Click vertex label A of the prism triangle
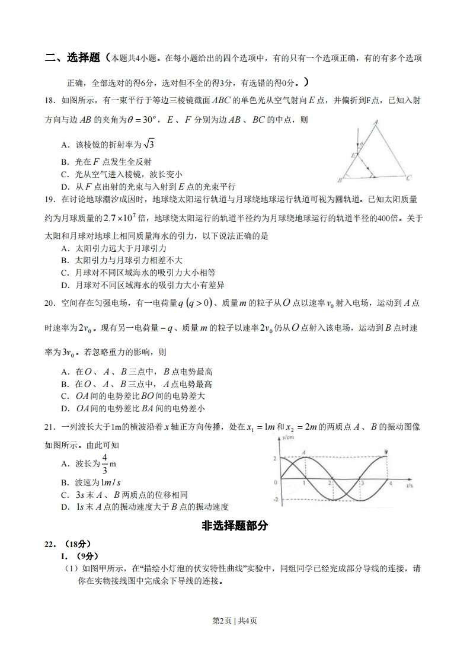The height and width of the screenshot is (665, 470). click(x=376, y=123)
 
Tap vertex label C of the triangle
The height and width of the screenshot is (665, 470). click(x=409, y=177)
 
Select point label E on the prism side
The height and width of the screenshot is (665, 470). click(x=352, y=155)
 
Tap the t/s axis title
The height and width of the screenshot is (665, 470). click(x=410, y=485)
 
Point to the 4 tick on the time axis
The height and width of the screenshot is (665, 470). click(x=391, y=484)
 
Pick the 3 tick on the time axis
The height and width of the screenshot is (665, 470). click(x=362, y=484)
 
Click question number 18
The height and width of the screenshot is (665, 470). click(x=50, y=101)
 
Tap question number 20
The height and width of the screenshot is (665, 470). click(x=50, y=303)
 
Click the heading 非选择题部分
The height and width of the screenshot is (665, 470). click(x=235, y=525)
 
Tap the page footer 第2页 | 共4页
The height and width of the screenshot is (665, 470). click(x=235, y=621)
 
